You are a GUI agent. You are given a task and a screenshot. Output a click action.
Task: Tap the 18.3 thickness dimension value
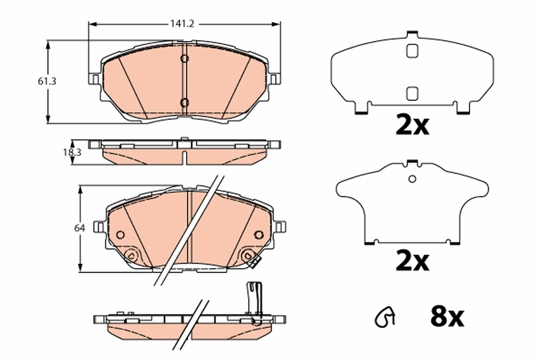point(72,153)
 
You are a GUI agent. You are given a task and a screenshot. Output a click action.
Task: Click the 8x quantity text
point(446,318)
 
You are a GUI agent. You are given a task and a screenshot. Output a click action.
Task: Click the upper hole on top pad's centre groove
point(184,58)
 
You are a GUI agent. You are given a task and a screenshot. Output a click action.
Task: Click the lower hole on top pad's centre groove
point(184,103)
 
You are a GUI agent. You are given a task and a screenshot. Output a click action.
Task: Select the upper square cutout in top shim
point(412,51)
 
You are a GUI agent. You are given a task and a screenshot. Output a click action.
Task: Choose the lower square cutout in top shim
point(412,93)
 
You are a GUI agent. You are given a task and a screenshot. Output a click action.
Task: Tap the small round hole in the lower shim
point(412,179)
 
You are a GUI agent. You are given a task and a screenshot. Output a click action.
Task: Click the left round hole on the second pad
point(120,234)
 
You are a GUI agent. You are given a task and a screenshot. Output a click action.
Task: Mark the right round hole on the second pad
point(258,234)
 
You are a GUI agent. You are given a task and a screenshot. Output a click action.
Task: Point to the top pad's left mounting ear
point(94,79)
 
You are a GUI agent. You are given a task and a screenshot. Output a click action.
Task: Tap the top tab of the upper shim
point(412,35)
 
